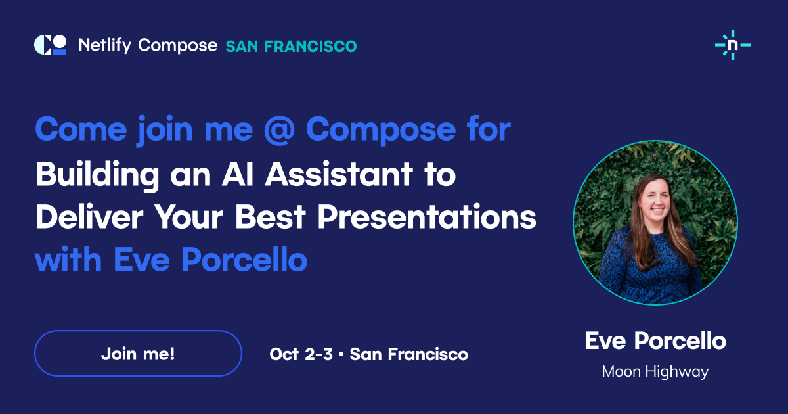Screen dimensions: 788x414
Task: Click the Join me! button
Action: coord(138,353)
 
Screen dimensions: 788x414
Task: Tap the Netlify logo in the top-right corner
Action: coord(733,45)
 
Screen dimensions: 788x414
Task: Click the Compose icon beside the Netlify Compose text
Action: coord(51,45)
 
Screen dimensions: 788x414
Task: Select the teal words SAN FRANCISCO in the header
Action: coord(292,47)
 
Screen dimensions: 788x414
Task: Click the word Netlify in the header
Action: coord(105,45)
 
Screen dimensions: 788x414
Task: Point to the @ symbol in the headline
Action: coord(279,129)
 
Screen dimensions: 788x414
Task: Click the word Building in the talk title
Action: coord(97,175)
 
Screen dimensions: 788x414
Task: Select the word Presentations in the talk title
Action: coord(427,217)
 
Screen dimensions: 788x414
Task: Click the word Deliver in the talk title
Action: coord(89,217)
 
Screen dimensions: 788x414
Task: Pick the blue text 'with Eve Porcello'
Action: coord(171,260)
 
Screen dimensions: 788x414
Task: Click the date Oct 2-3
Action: coord(301,354)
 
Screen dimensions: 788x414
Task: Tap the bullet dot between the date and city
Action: coord(341,354)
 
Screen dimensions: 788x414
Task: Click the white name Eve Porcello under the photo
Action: coord(655,341)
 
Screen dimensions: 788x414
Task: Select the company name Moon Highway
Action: coord(655,372)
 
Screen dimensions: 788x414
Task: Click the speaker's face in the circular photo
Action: coord(655,201)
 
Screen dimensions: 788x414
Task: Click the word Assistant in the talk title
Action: coord(339,174)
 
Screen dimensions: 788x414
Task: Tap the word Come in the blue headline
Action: coord(81,129)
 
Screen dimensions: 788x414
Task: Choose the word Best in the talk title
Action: coord(270,217)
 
